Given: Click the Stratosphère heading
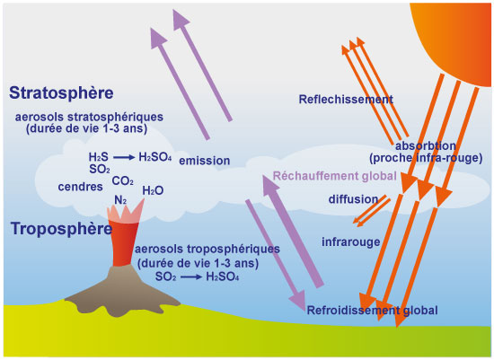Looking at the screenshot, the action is coord(61,92).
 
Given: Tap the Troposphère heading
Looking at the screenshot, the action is coord(61,229).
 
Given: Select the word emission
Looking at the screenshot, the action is coord(205,161).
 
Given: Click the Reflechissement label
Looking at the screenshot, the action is coord(346,100).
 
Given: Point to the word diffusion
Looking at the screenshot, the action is coord(353,199).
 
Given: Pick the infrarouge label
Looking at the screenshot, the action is coord(350,241).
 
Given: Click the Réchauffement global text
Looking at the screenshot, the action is coord(335,176).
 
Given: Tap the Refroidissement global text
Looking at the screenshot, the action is coord(373,311).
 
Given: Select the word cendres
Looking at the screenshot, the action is coord(80,187).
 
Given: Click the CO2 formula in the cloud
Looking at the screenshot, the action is coord(122,181).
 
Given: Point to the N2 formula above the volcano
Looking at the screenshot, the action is coord(120,200).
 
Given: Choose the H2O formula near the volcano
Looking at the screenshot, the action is coord(153,190).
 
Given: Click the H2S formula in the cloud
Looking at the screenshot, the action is coord(98,157).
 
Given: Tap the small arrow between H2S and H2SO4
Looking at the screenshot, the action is coord(124,157).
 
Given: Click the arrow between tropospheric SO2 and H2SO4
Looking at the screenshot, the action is coord(191,277).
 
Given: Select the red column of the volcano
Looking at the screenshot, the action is coord(125,242).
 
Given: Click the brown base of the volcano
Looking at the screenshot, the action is coord(122,292).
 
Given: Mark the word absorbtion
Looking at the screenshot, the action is coord(426,145).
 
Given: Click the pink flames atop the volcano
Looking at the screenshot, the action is coord(125,213).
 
